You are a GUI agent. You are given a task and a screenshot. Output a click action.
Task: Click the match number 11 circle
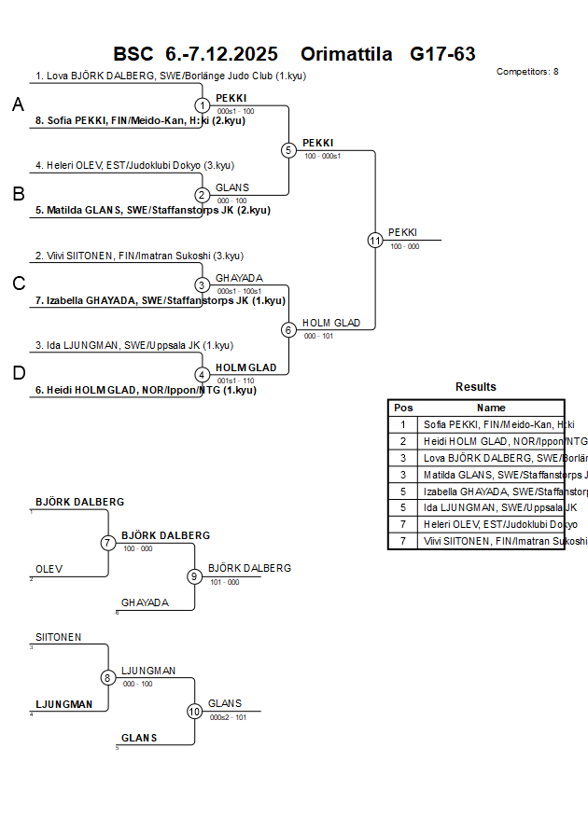[x=375, y=240]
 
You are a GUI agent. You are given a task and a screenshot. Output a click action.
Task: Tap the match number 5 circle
[x=288, y=150]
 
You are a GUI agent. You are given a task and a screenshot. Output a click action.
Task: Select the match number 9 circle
[x=194, y=576]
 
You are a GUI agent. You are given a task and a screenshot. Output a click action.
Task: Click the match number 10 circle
[x=194, y=711]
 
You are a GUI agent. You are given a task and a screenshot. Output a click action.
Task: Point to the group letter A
[x=18, y=105]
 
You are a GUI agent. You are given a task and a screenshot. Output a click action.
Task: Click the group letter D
[x=18, y=374]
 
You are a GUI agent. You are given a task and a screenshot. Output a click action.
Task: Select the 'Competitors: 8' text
[x=527, y=72]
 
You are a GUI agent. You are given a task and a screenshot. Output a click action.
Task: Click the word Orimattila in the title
[x=346, y=54]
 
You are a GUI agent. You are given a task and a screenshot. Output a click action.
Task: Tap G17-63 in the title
[x=442, y=54]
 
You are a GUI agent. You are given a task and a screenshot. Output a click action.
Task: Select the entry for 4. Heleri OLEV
[x=134, y=166]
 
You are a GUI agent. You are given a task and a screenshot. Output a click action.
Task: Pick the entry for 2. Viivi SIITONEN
[x=139, y=256]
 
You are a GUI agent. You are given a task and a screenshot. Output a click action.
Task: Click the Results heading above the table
[x=476, y=387]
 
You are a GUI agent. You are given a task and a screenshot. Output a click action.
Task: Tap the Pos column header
[x=403, y=408]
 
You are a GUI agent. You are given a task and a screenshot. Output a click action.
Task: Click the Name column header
[x=491, y=408]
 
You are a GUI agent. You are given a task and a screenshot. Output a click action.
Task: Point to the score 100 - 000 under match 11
[x=404, y=246]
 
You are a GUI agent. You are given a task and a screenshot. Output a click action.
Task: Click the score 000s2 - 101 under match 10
[x=228, y=717]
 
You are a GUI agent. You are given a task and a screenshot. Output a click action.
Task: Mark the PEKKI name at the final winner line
[x=402, y=232]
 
